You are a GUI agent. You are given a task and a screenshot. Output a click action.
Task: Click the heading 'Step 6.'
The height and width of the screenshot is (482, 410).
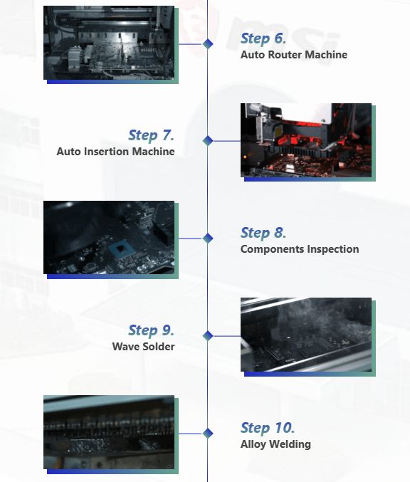263,39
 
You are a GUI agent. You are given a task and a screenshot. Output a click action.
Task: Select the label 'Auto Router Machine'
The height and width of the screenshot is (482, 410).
293,55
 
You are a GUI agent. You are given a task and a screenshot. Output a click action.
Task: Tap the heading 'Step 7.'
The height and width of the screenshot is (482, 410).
151,135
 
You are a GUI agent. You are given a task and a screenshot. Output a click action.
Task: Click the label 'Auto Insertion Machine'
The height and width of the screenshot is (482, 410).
115,152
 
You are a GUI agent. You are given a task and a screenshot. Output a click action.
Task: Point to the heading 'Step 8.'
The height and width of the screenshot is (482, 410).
263,233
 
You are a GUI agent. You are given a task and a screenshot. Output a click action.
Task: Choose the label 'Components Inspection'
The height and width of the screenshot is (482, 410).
299,249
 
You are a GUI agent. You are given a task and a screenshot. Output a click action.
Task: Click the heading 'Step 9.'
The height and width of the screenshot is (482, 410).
151,330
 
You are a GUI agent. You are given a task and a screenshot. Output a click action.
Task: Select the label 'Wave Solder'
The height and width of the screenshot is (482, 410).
143,347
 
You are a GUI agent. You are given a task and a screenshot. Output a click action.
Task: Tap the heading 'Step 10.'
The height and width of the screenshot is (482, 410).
267,428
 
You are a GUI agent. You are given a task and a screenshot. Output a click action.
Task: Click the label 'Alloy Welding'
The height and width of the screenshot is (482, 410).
275,444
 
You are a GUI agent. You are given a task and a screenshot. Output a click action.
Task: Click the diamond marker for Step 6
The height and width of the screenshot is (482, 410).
208,43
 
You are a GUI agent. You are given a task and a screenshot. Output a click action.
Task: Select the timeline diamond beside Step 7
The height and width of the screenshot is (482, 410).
208,141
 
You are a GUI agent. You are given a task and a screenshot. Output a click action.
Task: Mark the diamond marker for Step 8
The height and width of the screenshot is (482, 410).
208,239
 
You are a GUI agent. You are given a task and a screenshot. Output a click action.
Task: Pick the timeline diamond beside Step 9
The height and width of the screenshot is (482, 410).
208,335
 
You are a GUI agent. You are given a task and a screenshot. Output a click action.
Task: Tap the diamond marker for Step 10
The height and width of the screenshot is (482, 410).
208,433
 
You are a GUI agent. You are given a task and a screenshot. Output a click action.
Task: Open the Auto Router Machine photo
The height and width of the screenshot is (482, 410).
109,43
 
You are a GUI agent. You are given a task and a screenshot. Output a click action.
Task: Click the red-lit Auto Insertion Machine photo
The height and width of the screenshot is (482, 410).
306,140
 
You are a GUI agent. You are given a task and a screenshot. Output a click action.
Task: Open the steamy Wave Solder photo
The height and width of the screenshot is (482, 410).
306,335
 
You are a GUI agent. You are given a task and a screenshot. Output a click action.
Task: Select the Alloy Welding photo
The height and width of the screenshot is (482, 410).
109,432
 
